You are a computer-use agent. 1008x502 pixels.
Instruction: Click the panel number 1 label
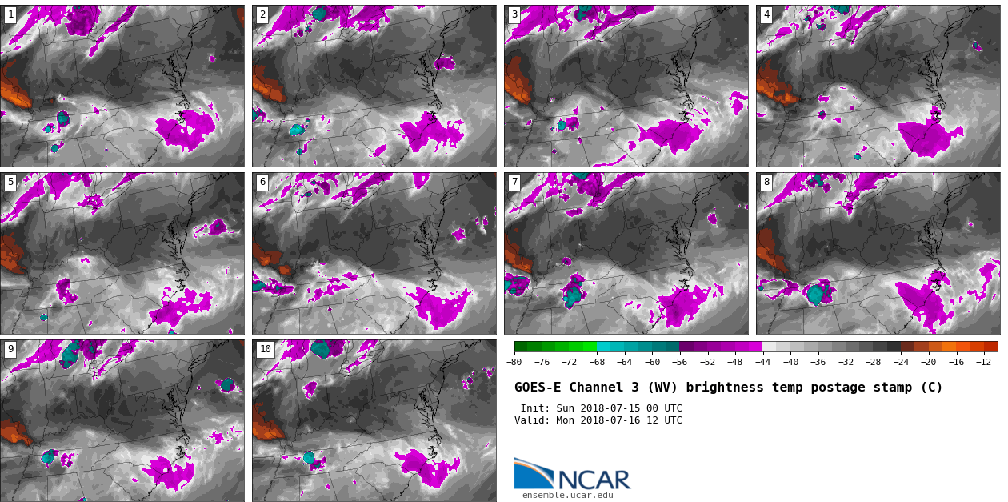(x=10, y=14)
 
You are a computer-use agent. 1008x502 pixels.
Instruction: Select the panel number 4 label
(x=766, y=14)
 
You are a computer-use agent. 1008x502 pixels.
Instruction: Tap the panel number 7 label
(x=514, y=183)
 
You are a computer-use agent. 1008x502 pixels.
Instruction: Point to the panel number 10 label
(x=265, y=349)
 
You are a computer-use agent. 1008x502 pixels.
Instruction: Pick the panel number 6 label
(x=262, y=183)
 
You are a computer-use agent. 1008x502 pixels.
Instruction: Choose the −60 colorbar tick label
(x=652, y=362)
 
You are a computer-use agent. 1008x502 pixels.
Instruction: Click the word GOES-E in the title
(x=538, y=388)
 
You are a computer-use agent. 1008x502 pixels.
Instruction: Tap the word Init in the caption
(x=534, y=408)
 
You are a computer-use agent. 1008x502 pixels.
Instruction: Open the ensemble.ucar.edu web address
(x=567, y=495)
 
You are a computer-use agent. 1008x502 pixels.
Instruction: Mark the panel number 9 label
(x=10, y=349)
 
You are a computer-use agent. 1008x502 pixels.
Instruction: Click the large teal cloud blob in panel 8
(x=816, y=294)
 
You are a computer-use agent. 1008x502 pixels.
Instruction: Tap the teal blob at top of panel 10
(x=321, y=349)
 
